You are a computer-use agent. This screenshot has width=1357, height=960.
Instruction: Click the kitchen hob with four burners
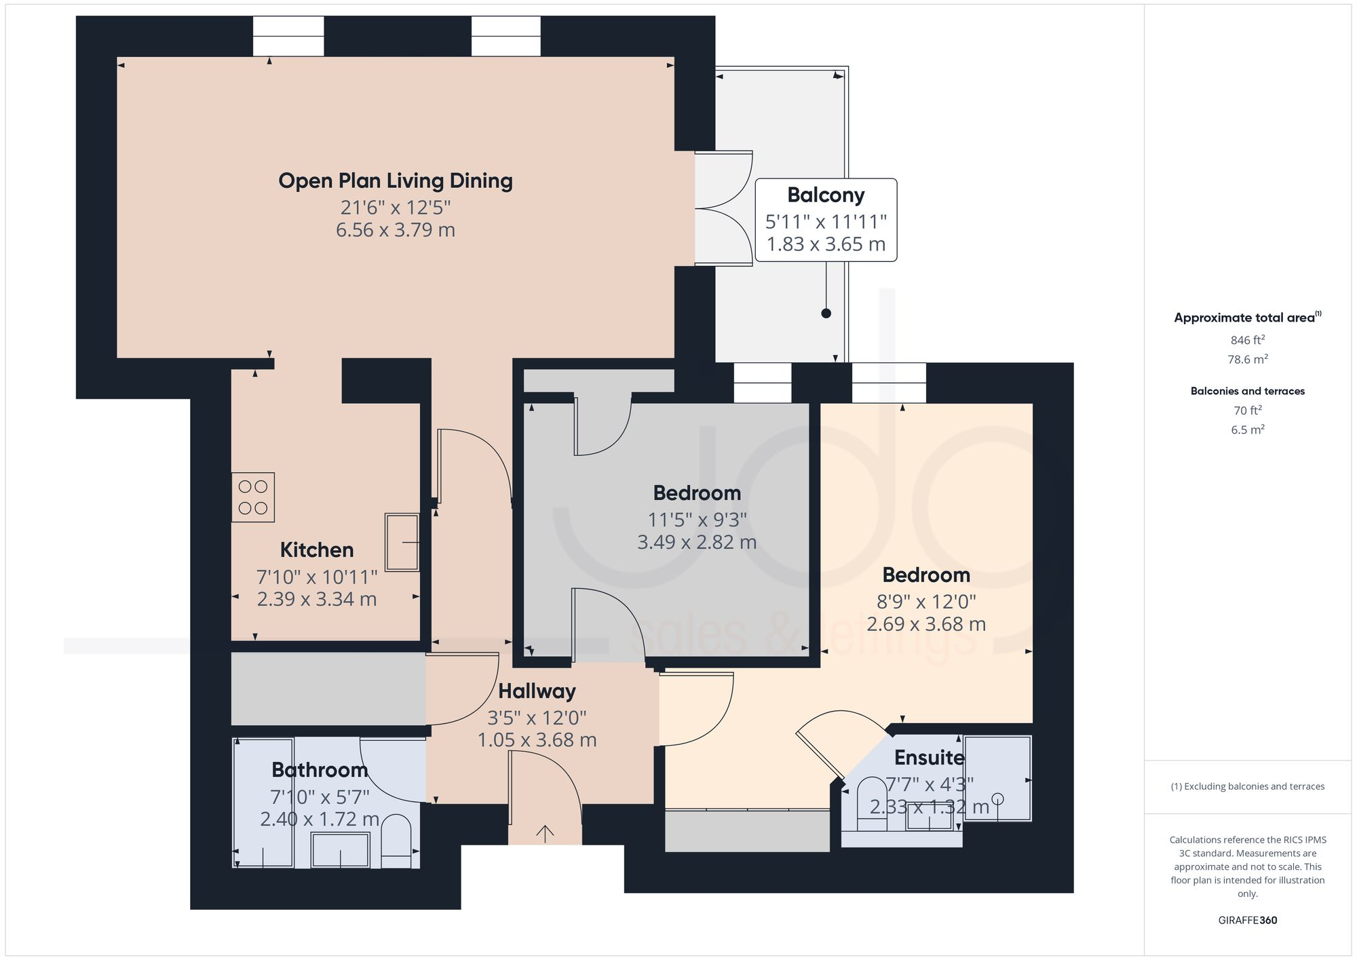(x=253, y=497)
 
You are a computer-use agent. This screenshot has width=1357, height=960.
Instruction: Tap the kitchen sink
(x=402, y=542)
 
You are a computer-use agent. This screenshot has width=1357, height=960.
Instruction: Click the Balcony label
(x=826, y=195)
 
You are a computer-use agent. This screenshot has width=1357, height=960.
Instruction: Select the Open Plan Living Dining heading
(x=396, y=180)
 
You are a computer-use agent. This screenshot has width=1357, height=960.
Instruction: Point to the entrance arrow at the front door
(x=545, y=832)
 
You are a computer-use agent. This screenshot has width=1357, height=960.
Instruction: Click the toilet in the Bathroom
(x=397, y=841)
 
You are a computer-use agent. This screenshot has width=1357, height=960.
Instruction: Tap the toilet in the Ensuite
(x=873, y=805)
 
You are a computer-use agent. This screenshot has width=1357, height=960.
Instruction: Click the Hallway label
(x=537, y=691)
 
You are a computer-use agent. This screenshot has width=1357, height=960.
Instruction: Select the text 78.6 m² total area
(x=1247, y=360)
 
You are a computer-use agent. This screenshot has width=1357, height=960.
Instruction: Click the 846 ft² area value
(x=1247, y=341)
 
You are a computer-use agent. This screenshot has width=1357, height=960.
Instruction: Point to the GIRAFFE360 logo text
(x=1247, y=921)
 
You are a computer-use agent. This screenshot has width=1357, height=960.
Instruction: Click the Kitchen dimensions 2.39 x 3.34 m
(x=317, y=599)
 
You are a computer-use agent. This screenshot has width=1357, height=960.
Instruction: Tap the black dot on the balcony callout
(x=826, y=313)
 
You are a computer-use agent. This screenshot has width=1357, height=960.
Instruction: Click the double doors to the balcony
(x=723, y=208)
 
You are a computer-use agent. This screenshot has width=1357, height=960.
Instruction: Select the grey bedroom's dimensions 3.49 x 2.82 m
(x=697, y=542)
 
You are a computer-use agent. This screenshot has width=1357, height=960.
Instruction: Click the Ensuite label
(x=929, y=757)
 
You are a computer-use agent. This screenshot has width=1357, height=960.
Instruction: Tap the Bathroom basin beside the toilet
(x=340, y=849)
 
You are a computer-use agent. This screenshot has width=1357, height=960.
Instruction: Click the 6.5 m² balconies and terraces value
(x=1247, y=430)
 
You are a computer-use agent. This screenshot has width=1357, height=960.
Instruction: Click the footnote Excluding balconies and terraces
(x=1247, y=787)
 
